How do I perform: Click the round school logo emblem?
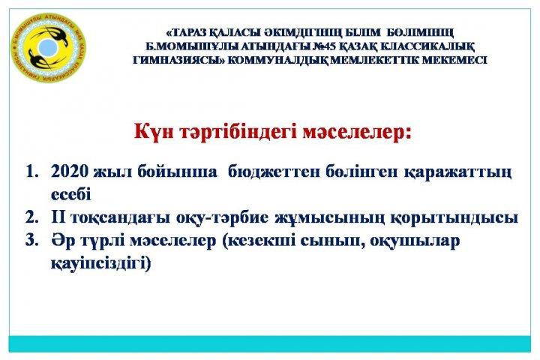tap(49, 49)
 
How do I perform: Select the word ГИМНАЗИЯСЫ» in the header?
tap(179, 60)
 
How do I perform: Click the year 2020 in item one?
tap(70, 171)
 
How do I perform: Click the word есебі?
tap(71, 195)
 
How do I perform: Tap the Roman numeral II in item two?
tap(60, 217)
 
